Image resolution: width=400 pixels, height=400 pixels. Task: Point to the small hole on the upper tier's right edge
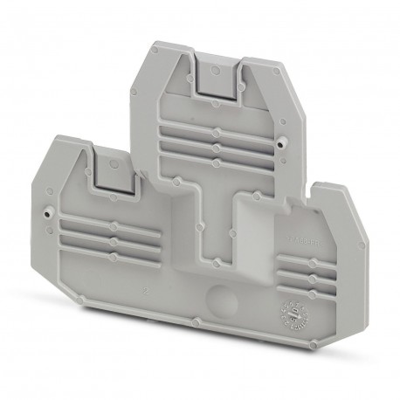click(x=281, y=141)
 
